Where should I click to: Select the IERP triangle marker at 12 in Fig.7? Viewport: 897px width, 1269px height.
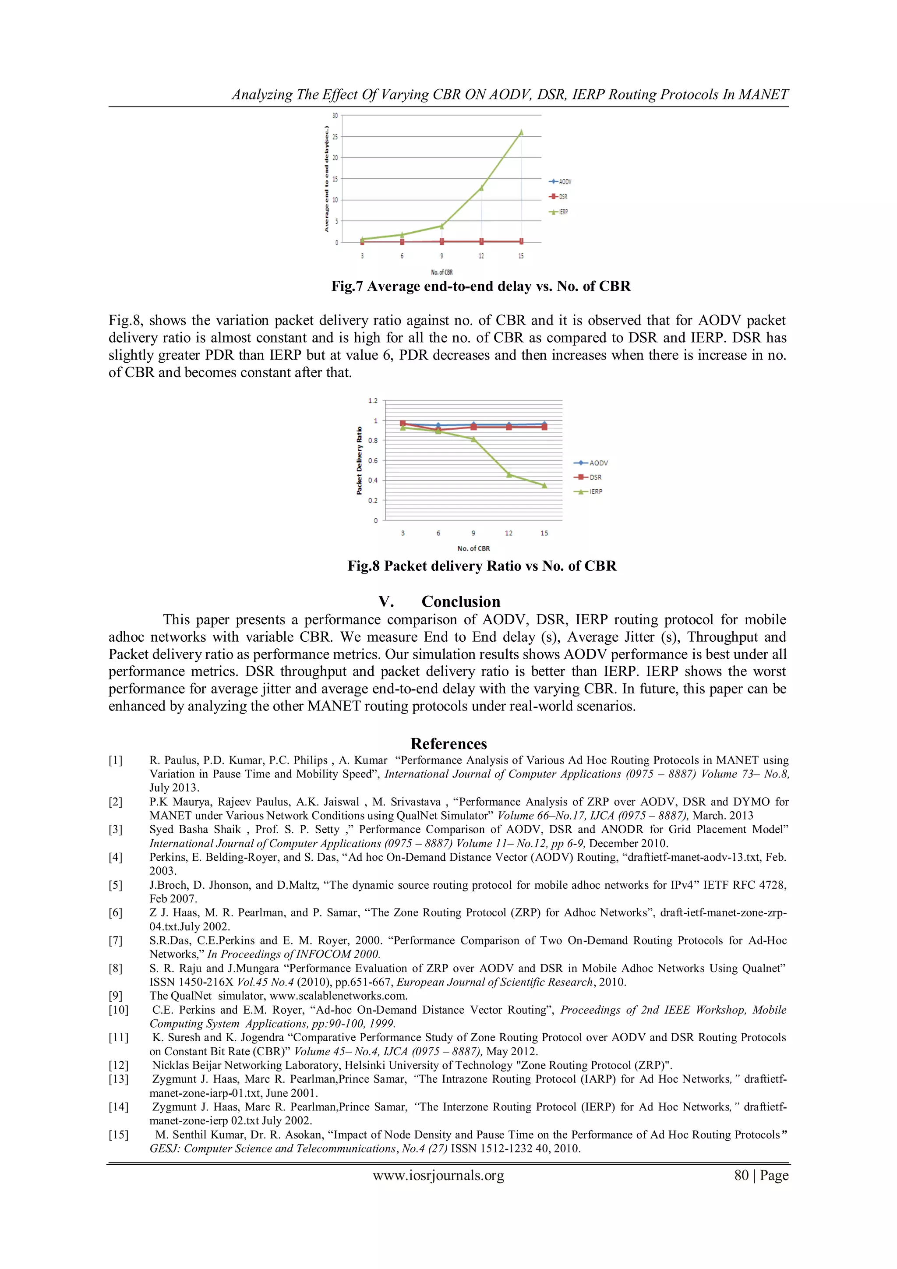[x=481, y=188]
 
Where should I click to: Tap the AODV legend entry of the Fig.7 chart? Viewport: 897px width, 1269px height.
[x=560, y=181]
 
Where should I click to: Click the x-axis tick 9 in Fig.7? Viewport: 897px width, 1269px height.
[x=441, y=256]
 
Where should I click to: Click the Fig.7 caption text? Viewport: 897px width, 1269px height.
[x=480, y=286]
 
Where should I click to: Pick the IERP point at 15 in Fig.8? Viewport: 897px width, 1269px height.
[x=544, y=485]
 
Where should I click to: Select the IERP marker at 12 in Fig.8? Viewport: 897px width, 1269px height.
[x=509, y=474]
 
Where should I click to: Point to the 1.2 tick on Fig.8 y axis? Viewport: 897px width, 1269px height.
[x=373, y=400]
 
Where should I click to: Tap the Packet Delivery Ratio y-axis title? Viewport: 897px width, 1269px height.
[x=359, y=460]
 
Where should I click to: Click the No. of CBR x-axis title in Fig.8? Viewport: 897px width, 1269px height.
[x=473, y=548]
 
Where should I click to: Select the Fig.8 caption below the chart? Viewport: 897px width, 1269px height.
[x=481, y=566]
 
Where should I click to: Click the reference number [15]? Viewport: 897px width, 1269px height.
[x=118, y=1134]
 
